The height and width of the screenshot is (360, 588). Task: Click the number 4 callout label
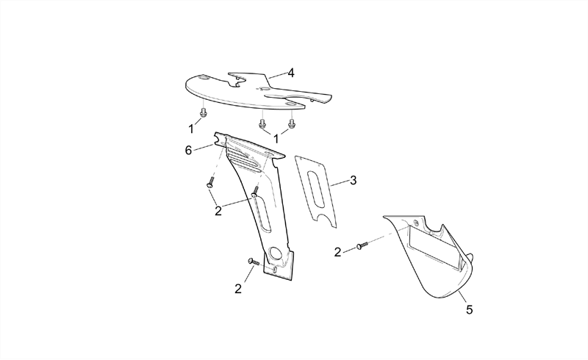[x=291, y=73]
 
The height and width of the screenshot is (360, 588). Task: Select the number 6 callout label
[x=188, y=151]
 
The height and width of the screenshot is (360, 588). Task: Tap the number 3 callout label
[x=354, y=181]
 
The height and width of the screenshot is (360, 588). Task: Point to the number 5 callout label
[x=470, y=310]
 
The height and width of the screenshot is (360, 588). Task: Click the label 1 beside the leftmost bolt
[x=191, y=129]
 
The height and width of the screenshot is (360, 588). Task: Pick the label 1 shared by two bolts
[x=276, y=139]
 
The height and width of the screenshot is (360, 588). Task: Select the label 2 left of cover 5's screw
[x=337, y=253]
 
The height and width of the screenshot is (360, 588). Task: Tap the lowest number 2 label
[x=238, y=289]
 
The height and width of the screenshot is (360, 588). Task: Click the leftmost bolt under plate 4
[x=204, y=112]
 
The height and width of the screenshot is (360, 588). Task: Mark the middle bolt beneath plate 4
[x=262, y=123]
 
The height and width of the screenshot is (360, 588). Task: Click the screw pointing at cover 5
[x=362, y=245]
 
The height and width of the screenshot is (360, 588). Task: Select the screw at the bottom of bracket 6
[x=254, y=262]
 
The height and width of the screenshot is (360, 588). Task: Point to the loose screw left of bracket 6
[x=210, y=183]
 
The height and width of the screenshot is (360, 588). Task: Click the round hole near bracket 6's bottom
[x=277, y=253]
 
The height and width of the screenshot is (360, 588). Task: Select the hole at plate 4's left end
[x=204, y=78]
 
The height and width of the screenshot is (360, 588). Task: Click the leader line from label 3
[x=340, y=184]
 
